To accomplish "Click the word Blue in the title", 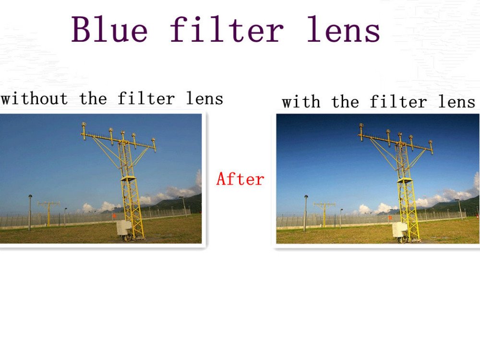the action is tap(109, 29).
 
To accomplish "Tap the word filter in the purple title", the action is tap(227, 29).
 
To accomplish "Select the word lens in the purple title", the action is tap(343, 29).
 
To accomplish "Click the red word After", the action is tap(240, 179).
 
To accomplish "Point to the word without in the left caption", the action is tap(34, 98).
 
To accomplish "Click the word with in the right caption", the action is tap(301, 102).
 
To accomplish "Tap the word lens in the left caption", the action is tap(204, 98).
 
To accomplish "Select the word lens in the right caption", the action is tap(456, 102).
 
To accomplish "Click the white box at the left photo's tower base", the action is tap(124, 228).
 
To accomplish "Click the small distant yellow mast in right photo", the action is tap(324, 214).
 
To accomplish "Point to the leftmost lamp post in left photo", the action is tap(30, 212).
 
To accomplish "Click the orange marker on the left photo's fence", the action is tap(114, 216).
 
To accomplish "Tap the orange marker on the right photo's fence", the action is tap(390, 217).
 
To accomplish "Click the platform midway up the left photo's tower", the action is tap(128, 179).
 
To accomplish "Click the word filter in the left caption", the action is tap(146, 98).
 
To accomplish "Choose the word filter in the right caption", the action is tap(398, 102).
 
